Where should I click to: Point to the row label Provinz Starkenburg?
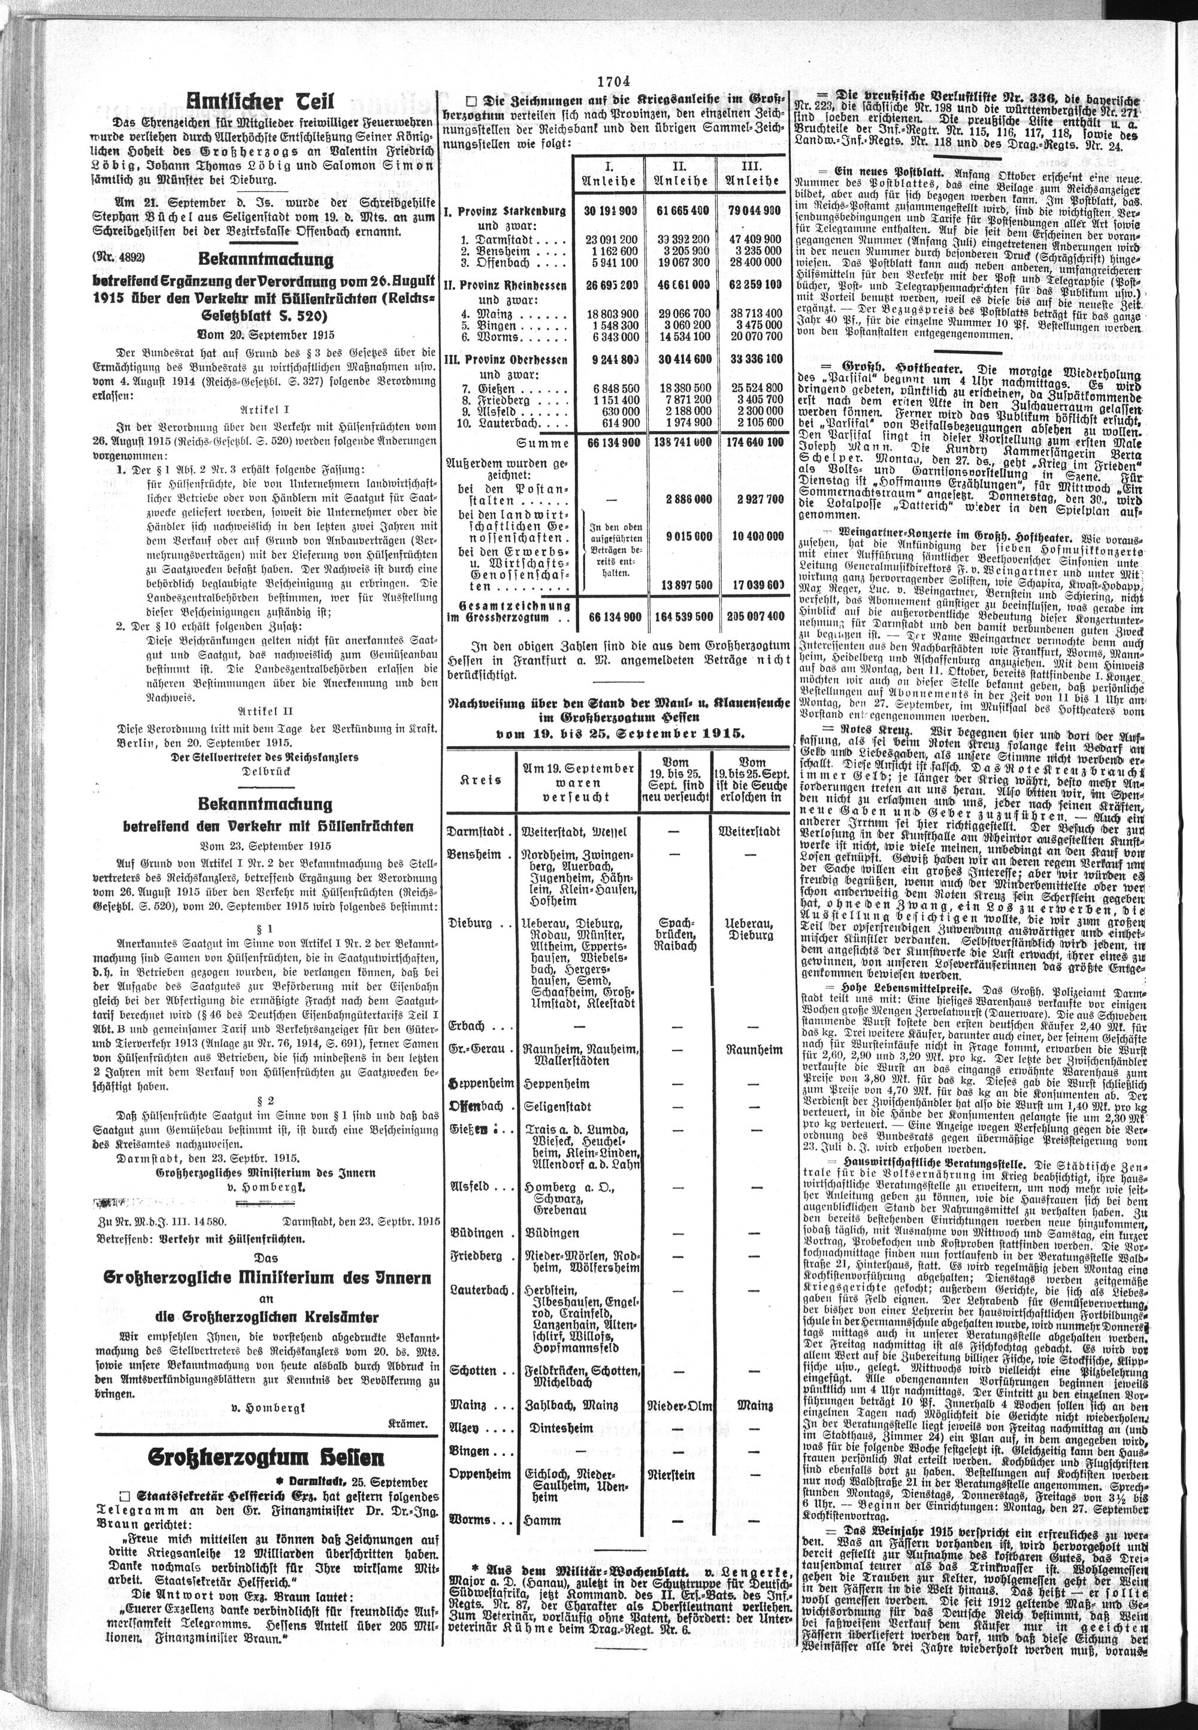point(506,211)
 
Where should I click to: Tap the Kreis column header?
point(481,780)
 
